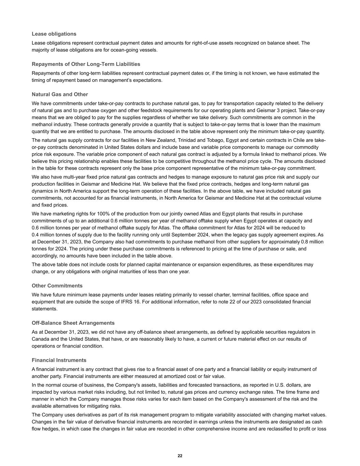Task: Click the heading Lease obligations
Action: (x=54, y=34)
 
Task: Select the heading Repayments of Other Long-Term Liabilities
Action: (x=86, y=64)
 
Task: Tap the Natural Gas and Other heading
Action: (x=60, y=94)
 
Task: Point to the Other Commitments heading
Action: (x=57, y=286)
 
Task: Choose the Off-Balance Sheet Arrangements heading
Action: (x=73, y=323)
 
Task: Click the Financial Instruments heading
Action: (x=59, y=360)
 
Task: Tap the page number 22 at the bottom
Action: (x=180, y=456)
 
